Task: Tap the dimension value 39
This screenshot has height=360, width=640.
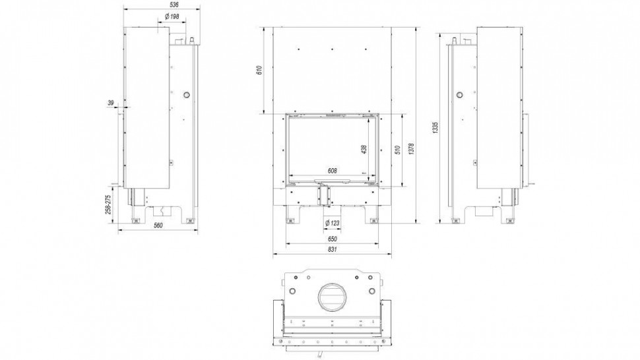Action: (x=110, y=102)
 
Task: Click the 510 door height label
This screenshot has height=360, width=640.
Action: (x=397, y=149)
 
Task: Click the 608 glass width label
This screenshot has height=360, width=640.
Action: (x=332, y=171)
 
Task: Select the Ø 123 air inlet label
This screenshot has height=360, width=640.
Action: (x=332, y=222)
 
